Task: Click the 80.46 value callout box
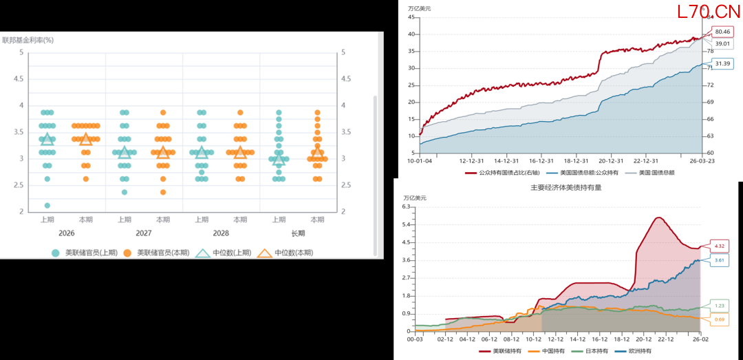(722, 32)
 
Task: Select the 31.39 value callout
(722, 63)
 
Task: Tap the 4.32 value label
(720, 246)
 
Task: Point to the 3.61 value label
(720, 260)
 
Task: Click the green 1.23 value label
(720, 306)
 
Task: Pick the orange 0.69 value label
(720, 319)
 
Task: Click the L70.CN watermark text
(709, 12)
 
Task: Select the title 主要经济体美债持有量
(566, 187)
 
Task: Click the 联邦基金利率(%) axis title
(28, 40)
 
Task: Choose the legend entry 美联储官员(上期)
(83, 253)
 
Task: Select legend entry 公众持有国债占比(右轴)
(500, 172)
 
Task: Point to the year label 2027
(143, 233)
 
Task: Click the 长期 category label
(298, 233)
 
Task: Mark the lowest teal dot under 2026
(47, 205)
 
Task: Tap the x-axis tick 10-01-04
(420, 160)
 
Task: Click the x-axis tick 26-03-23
(701, 160)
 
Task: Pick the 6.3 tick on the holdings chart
(406, 207)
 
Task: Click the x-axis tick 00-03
(415, 339)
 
